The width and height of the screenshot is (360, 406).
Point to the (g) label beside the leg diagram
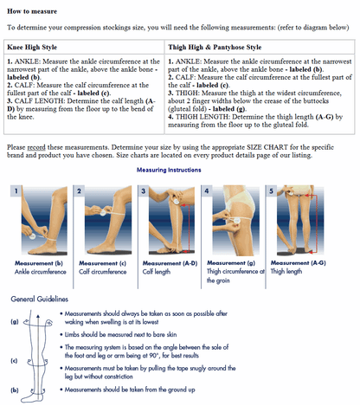(x=15, y=321)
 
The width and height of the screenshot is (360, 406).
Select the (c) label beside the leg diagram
(x=15, y=359)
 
